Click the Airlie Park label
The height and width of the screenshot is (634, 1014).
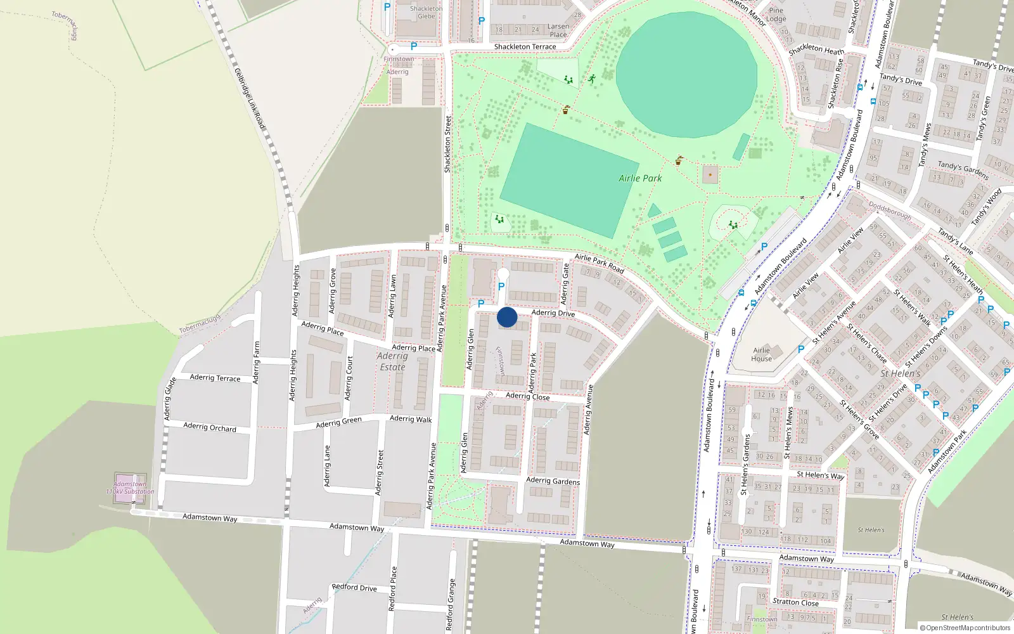coord(640,178)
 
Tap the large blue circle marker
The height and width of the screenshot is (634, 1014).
coord(507,317)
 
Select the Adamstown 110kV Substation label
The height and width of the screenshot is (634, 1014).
coord(130,488)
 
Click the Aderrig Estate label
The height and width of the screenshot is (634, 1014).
coord(392,361)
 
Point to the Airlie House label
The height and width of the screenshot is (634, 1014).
coord(761,354)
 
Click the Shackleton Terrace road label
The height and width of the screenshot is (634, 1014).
coord(525,47)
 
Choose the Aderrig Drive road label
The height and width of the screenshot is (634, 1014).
coord(553,313)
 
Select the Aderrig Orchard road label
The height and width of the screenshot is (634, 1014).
coord(210,427)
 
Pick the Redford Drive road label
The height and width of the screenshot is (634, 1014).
coord(354,588)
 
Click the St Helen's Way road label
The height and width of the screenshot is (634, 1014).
coord(820,475)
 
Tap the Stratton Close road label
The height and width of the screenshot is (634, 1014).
coord(795,602)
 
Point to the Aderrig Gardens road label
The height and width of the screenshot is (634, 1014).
coord(553,481)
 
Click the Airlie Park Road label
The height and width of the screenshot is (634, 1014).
coord(599,263)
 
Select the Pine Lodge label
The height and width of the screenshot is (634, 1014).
coord(776,15)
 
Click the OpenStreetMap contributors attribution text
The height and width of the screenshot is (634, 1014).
coord(965,628)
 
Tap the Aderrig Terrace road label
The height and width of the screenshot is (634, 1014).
coord(215,378)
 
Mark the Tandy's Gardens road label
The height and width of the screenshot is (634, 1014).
coord(963,170)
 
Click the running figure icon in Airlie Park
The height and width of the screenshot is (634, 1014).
coord(592,79)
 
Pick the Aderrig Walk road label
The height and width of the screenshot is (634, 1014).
coord(411,419)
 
